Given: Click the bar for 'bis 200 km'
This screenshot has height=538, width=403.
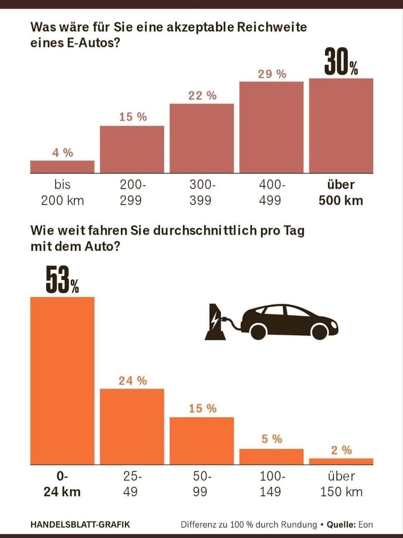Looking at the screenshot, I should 62,166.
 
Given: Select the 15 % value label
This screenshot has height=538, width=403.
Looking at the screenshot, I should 133,117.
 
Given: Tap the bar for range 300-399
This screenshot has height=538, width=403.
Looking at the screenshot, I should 201,138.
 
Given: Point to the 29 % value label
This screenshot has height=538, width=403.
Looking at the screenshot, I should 272,74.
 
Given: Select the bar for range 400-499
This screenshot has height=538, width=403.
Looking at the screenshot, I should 271,127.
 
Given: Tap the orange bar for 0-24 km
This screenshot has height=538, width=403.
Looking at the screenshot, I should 62,381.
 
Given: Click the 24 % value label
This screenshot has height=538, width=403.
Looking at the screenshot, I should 133,381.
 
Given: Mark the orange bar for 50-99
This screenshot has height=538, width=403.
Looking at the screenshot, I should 201,442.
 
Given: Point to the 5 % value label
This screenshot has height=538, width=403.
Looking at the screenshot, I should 272,439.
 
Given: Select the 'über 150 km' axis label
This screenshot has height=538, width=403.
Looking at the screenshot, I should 341,484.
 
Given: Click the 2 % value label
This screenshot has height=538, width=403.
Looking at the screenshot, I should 341,450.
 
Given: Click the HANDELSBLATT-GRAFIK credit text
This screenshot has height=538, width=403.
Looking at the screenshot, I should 81,524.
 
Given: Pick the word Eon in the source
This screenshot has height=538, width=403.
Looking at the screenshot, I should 364,524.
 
